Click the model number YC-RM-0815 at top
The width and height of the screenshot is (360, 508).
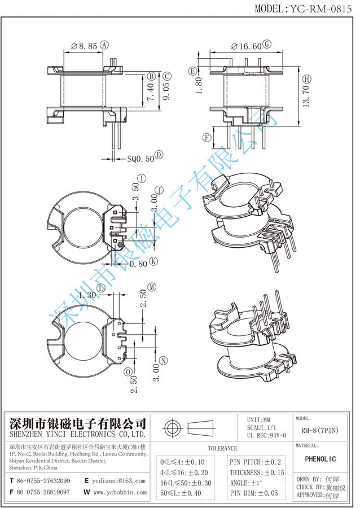tap(323, 8)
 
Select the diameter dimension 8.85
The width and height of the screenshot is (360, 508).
tap(86, 46)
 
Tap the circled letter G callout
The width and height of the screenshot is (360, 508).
tap(267, 45)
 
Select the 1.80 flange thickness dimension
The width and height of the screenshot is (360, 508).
tap(198, 86)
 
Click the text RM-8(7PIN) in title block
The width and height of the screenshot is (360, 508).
tap(320, 431)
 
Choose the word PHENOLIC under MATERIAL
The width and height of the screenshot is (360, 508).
tap(320, 459)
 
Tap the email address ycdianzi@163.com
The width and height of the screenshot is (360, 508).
tap(118, 481)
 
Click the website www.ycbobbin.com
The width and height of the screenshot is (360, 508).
tap(118, 492)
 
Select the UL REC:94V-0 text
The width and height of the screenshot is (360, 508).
tap(267, 435)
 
